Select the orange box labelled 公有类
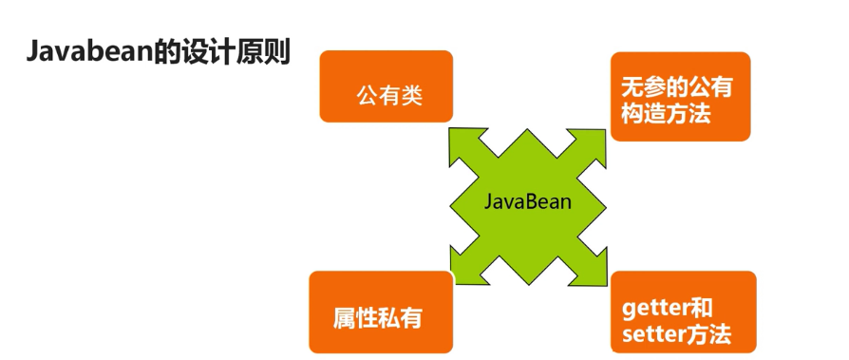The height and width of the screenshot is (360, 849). pos(386,86)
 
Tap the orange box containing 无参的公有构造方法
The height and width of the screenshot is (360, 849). pos(680,96)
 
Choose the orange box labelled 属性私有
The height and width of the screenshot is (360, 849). pos(380,313)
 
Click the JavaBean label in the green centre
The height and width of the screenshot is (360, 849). pos(528,201)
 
